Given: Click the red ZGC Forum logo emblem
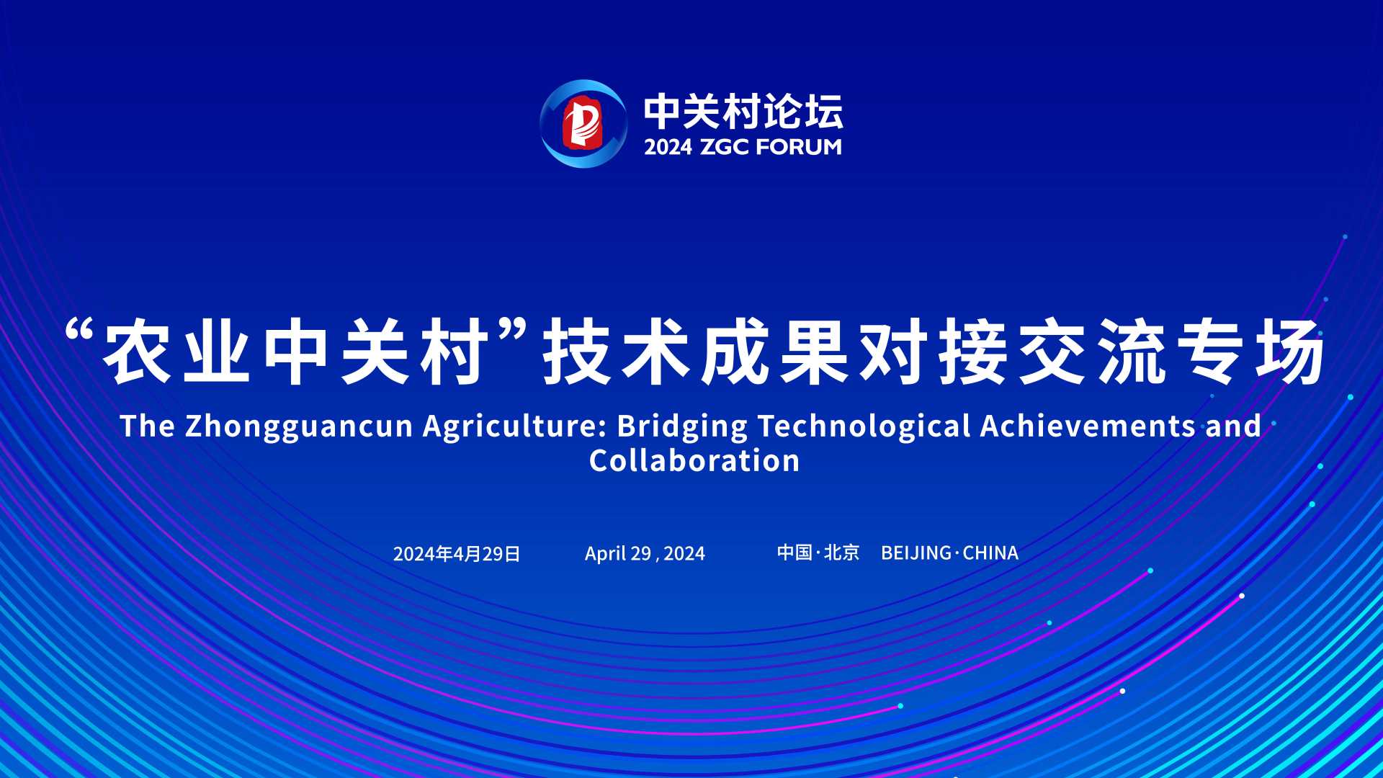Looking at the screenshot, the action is (x=583, y=123).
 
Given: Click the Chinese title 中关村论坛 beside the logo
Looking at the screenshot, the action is (x=743, y=112).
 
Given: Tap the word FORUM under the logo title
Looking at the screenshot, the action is (x=799, y=147).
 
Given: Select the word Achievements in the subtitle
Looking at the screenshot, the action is (x=1088, y=426).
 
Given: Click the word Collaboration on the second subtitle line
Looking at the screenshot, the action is (x=694, y=461).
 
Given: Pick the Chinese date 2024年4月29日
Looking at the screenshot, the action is (x=457, y=554).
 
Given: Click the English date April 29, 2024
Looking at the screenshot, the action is (x=645, y=554).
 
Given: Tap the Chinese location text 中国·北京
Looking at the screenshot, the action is (x=818, y=553).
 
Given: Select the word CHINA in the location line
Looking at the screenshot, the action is (x=990, y=553).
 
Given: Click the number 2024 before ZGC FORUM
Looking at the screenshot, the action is (x=668, y=147).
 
